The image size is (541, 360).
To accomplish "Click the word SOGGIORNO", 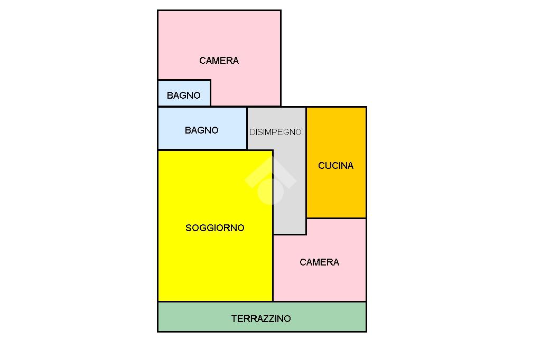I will [x=215, y=228].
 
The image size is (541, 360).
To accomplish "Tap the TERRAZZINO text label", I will [x=261, y=319].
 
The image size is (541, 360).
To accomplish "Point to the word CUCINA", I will [x=335, y=166].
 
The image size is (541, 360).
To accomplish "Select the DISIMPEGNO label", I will [x=275, y=132].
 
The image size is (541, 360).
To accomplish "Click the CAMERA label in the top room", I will [x=219, y=61].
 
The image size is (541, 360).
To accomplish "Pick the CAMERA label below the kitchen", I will [x=319, y=262].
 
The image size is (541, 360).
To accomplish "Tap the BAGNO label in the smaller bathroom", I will [x=183, y=96].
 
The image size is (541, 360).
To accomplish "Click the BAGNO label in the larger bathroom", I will [x=201, y=130].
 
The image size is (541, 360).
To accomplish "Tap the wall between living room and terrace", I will [x=215, y=301].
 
